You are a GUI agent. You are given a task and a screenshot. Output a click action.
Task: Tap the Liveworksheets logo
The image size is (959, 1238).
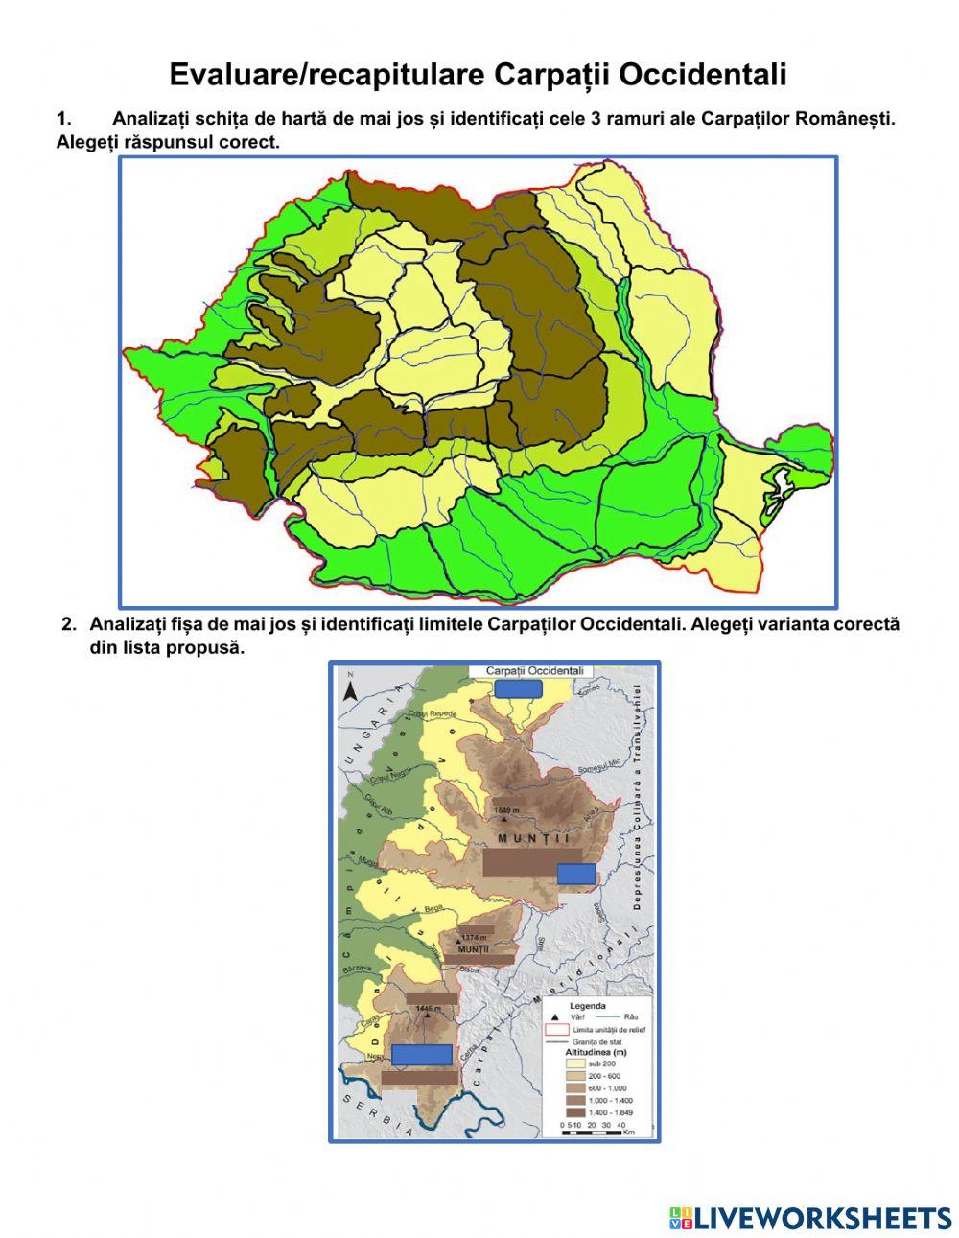(810, 1217)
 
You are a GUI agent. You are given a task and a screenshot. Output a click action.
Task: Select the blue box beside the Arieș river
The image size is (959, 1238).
(576, 873)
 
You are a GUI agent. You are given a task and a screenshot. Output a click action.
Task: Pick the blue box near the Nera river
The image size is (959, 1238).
(422, 1054)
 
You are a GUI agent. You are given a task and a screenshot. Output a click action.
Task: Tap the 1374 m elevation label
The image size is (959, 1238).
(474, 937)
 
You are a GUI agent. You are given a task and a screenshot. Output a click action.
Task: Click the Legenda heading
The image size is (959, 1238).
(588, 1006)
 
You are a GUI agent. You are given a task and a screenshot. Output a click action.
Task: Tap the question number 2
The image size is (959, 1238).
(68, 624)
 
